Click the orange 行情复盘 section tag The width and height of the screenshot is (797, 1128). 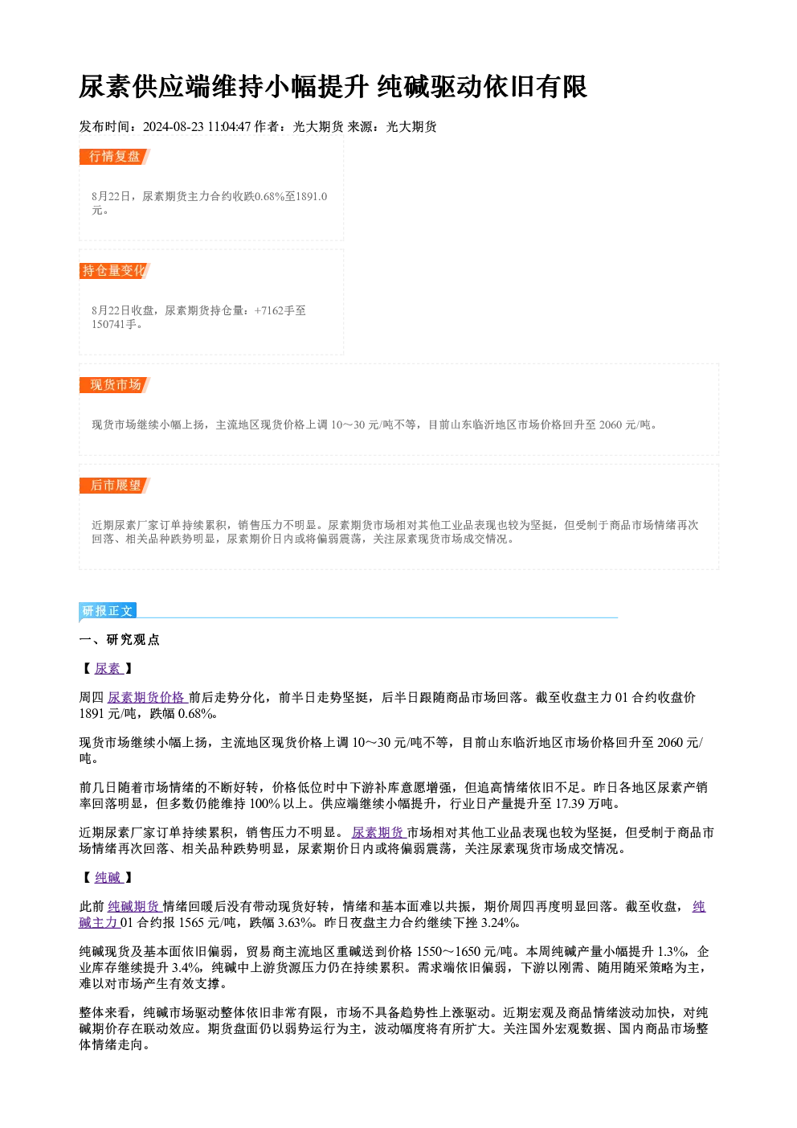tap(114, 157)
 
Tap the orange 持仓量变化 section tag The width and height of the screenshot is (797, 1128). tap(114, 271)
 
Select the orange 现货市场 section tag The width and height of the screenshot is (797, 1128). tap(114, 385)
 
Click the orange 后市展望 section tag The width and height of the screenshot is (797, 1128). tap(114, 486)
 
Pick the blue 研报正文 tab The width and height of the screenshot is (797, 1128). tap(108, 611)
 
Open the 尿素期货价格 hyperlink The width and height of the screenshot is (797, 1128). tap(147, 697)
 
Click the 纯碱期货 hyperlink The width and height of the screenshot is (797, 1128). tap(134, 907)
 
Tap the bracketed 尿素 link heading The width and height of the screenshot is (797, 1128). tap(108, 669)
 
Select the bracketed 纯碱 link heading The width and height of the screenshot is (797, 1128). tap(108, 878)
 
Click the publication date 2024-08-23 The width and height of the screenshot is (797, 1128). tap(174, 127)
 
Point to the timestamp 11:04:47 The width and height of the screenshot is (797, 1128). tap(229, 127)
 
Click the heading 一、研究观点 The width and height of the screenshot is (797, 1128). tap(119, 640)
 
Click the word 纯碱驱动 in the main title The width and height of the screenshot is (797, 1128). tap(430, 87)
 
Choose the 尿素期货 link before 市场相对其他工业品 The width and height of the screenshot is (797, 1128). tap(378, 833)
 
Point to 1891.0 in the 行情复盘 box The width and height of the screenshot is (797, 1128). tap(311, 196)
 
